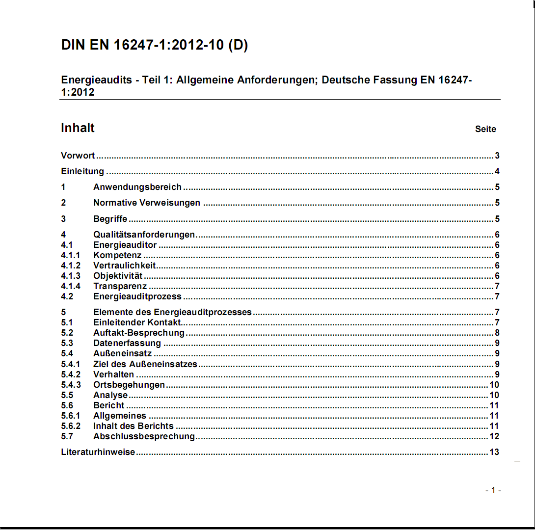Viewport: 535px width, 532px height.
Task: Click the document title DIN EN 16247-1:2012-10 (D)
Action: tap(154, 45)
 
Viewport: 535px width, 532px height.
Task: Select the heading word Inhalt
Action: tap(78, 128)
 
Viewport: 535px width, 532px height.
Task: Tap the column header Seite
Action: tap(485, 129)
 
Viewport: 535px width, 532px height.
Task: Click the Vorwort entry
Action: tap(78, 156)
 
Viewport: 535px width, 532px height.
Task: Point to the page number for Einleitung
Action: tap(497, 171)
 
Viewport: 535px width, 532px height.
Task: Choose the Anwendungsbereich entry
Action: tap(137, 187)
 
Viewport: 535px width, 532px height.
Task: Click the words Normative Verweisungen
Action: tap(147, 203)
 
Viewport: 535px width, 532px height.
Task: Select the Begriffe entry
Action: tap(110, 219)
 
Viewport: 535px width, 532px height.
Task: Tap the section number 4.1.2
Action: tap(71, 266)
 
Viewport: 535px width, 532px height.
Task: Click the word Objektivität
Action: tap(118, 276)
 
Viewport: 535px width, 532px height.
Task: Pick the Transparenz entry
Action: tap(120, 286)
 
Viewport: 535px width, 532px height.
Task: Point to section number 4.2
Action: tap(67, 296)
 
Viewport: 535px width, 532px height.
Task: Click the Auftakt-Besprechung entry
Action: tap(139, 333)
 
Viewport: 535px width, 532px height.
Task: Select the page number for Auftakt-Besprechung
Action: tap(497, 333)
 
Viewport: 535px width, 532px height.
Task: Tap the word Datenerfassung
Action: tap(127, 343)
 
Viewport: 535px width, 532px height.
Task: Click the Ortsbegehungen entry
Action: tap(129, 385)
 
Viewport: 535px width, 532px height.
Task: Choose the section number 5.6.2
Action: tap(71, 426)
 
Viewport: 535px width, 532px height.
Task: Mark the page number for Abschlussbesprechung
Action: tap(494, 436)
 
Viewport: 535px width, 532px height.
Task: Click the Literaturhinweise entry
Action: tap(98, 452)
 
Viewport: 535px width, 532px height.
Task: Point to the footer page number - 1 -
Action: tap(493, 490)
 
